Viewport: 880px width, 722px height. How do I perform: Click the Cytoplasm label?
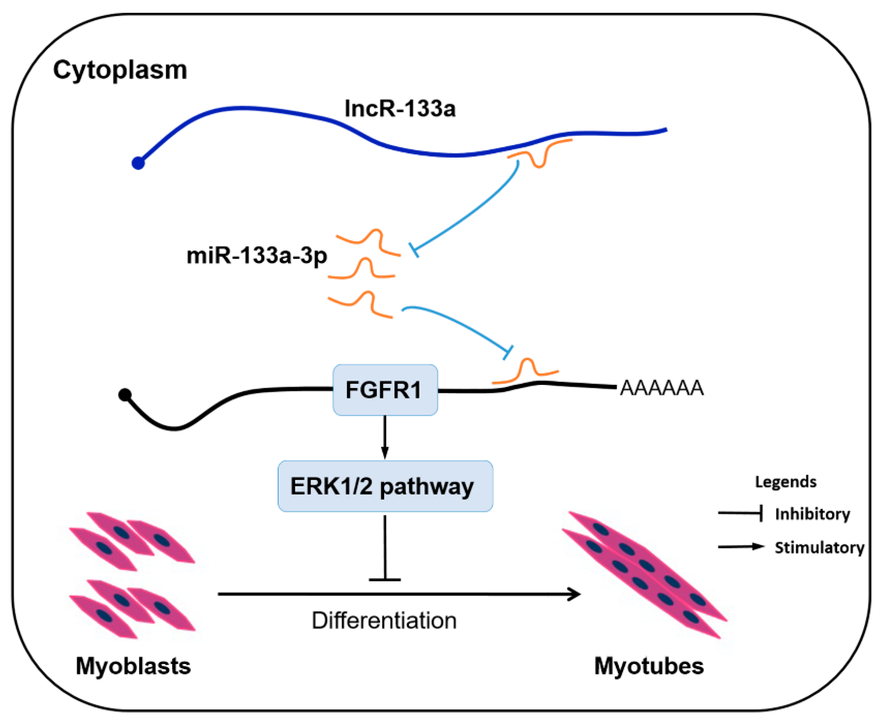tap(120, 70)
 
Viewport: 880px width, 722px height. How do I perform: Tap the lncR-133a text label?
tap(400, 109)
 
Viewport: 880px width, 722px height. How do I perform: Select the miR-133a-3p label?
tap(256, 255)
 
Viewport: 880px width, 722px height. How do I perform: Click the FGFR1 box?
tap(385, 390)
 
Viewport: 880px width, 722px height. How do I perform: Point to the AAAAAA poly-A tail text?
tap(662, 388)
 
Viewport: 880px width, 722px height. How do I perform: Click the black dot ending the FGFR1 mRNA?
tap(125, 395)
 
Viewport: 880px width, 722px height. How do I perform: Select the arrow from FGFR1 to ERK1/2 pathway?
tap(385, 437)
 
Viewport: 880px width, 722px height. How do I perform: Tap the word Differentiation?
tap(384, 621)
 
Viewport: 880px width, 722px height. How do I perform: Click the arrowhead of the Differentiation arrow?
tap(575, 594)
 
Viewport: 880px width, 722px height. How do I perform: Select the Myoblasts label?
tap(133, 666)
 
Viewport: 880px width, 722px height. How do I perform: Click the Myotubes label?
tap(649, 666)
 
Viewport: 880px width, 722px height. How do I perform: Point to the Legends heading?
tap(785, 482)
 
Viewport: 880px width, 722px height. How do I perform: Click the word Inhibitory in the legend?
tap(812, 514)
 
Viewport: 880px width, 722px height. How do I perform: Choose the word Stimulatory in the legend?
tap(819, 548)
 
